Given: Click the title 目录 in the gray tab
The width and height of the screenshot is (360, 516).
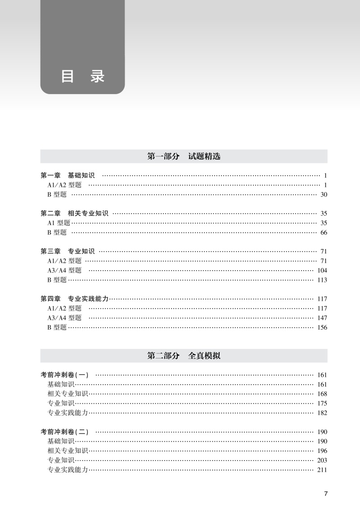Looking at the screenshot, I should click(82, 77).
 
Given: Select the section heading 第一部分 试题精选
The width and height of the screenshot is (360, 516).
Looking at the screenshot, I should click(184, 157).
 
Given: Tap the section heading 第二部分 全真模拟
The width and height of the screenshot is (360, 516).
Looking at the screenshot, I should click(184, 356).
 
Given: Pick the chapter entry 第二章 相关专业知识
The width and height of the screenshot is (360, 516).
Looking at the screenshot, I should click(74, 213).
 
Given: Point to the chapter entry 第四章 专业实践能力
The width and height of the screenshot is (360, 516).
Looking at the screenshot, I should click(74, 299).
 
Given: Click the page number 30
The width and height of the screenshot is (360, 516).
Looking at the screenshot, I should click(324, 195).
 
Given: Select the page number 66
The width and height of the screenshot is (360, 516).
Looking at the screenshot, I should click(324, 232).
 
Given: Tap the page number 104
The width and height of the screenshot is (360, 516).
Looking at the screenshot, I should click(322, 270).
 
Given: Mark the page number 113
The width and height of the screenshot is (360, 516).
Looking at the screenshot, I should click(322, 280).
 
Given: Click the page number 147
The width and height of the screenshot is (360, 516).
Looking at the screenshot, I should click(322, 318).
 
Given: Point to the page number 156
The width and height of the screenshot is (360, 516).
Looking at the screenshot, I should click(322, 327).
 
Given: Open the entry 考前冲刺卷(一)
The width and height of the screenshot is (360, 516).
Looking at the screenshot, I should click(65, 375).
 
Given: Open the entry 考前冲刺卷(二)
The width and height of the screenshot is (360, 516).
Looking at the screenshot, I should click(65, 432).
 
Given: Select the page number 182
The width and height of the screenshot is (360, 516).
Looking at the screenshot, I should click(322, 413).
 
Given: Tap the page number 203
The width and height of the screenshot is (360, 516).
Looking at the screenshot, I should click(322, 460).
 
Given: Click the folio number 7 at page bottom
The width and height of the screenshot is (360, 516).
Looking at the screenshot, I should click(326, 493).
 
